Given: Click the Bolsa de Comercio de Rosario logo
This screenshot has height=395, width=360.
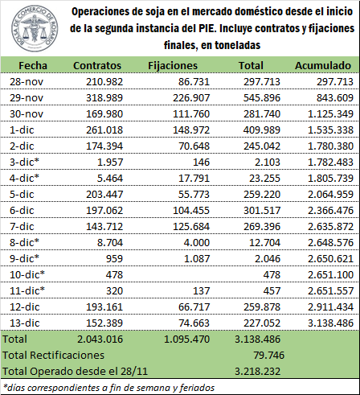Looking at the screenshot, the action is coord(34,28).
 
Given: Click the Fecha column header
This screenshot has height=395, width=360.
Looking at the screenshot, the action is coord(33,66).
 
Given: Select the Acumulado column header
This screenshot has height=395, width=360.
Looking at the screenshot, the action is coord(323,66).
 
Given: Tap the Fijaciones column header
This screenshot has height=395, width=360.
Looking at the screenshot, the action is coord(173,66).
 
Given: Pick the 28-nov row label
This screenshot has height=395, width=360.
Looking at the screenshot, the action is coord(27,82).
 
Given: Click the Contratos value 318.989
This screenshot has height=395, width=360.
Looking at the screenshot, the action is coord(104,98).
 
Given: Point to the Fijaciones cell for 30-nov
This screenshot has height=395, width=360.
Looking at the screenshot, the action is coord(191,114).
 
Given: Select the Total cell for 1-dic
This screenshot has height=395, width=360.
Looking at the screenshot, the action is coord(262,130).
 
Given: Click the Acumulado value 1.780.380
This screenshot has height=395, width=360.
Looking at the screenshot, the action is coord(330,146).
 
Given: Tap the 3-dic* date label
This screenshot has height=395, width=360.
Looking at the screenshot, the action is coord(24,163).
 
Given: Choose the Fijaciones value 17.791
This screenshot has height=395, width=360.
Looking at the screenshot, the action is coord(194,179).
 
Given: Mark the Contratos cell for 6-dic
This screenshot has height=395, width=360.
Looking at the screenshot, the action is coord(104,211).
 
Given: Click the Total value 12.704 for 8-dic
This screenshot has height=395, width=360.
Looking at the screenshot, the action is coord(264,243).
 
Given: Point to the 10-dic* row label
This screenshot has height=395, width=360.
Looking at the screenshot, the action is coord(27,275).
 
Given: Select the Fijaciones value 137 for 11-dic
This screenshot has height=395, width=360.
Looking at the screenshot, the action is coord(201,291).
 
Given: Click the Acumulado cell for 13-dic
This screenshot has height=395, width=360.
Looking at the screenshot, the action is coord(330,323).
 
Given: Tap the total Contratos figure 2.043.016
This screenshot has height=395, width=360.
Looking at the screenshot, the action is coord(100,339).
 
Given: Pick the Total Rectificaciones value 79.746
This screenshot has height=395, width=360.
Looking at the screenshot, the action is coord(269,356).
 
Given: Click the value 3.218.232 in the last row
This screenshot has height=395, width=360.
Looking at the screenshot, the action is coord(257,372).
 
